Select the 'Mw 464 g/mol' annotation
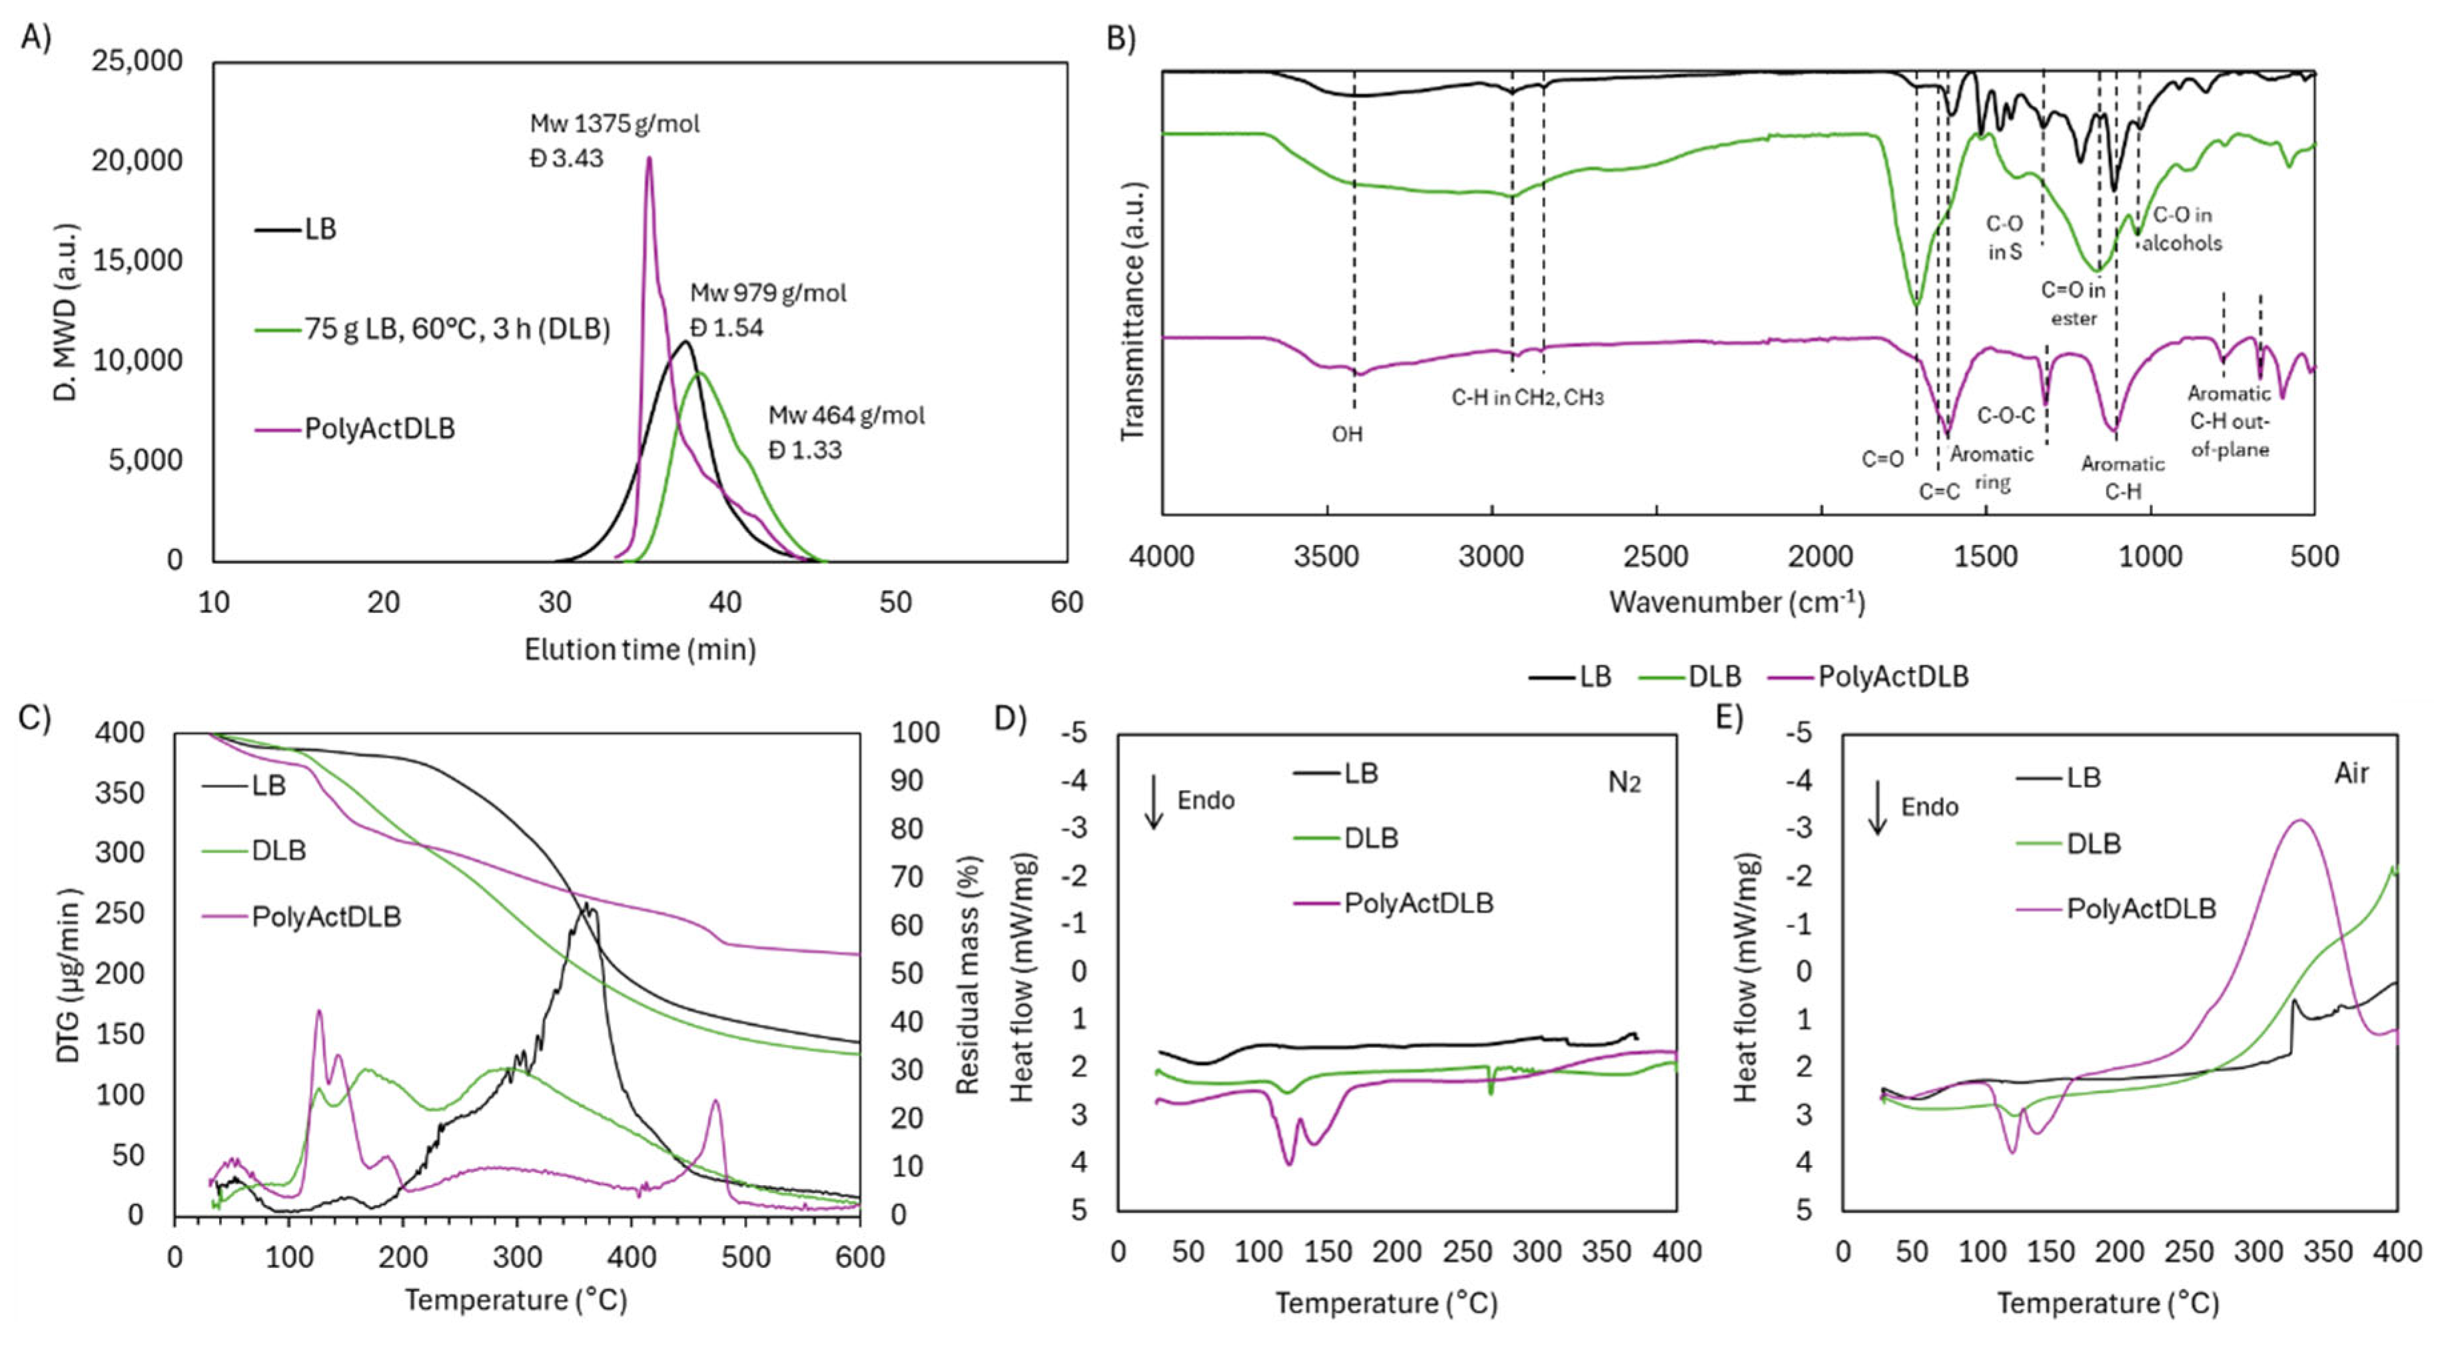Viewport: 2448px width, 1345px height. coord(846,416)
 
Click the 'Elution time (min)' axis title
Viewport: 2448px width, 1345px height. coord(639,650)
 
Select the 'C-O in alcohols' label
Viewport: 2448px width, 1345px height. coord(2182,229)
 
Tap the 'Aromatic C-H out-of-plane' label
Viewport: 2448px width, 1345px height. coord(2230,421)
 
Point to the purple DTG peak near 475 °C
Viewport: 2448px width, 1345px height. coord(715,1103)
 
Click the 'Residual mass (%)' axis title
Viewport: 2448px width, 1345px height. coord(967,975)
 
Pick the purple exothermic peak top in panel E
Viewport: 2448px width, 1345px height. coord(2299,820)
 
